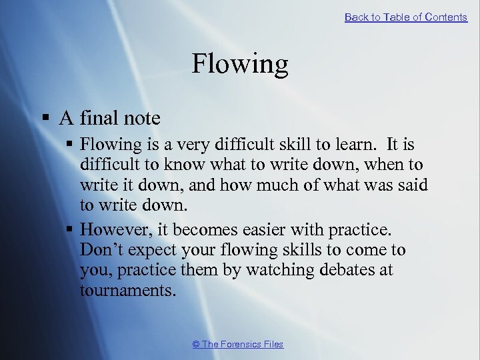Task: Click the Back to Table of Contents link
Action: [405, 17]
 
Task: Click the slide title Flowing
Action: [240, 64]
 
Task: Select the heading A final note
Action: [109, 119]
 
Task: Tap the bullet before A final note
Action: [47, 119]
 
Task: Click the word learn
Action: [342, 145]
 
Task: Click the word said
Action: [411, 184]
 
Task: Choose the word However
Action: [112, 231]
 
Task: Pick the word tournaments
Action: [127, 291]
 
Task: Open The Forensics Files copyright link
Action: [238, 344]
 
